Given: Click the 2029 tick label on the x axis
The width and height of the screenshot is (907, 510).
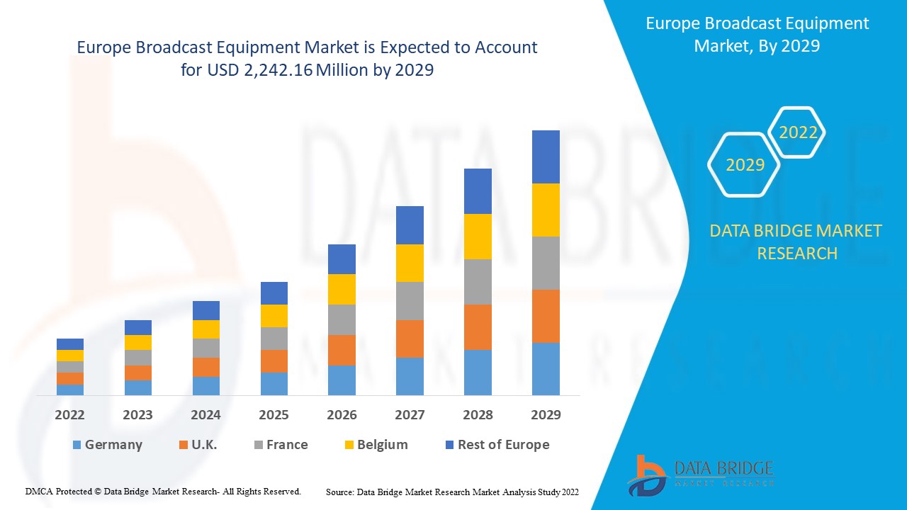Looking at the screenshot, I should pos(546,415).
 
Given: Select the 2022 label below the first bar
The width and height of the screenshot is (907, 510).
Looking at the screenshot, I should pos(69,415).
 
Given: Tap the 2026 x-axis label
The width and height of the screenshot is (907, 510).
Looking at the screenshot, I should pos(342,415).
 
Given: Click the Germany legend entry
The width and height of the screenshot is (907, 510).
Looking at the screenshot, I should pos(107,445).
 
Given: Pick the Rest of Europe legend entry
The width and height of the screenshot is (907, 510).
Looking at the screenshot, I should pos(497,445).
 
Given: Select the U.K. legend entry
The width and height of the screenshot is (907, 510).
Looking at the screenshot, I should pos(198,445).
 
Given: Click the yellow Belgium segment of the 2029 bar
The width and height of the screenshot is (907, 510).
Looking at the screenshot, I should pos(546,210).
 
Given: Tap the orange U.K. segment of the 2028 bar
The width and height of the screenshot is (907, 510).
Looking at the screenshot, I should pos(478,327).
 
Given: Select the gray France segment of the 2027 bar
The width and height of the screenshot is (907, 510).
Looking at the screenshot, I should pos(410,301).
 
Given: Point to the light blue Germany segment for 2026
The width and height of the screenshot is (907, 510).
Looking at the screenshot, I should pos(342,380).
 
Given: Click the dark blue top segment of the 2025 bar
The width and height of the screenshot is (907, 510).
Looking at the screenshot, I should pos(274,293).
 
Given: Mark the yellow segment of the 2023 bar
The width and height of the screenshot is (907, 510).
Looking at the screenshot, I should pos(137,342).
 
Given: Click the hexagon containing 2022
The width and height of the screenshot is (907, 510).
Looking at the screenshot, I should pos(798,132).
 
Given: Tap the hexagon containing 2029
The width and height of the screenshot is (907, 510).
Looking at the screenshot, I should pos(745,165).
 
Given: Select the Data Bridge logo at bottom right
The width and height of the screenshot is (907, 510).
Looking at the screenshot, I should pos(700,475).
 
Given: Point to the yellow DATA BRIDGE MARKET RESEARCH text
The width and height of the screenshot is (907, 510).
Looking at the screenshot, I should pos(796,242).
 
